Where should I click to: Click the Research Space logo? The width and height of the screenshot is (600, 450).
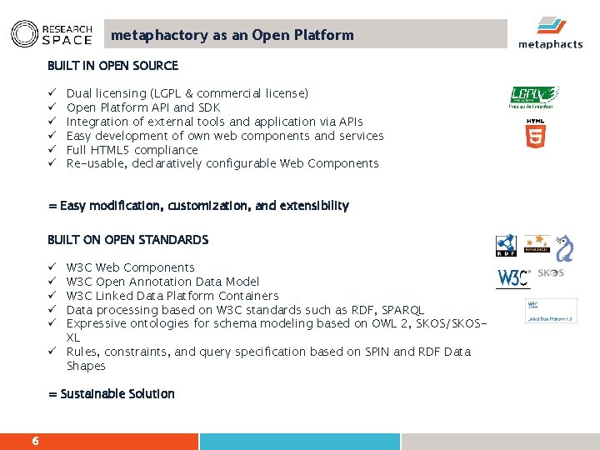coord(51,33)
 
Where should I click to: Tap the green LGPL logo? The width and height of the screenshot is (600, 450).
coord(533,97)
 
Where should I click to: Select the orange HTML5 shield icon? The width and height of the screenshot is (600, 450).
coord(536,134)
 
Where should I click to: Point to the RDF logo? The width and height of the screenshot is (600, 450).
coord(506,245)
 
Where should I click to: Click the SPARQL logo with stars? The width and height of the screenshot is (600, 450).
coord(536,244)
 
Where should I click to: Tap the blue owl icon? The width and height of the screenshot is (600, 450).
coord(564,247)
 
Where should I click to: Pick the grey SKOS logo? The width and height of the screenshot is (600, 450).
coord(551,273)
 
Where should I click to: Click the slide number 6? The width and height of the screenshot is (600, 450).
coord(35,441)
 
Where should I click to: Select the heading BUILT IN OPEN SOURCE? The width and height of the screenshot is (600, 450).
coord(112,66)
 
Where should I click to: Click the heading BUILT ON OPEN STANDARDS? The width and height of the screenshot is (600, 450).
coord(127,240)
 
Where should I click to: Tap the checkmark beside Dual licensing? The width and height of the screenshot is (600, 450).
coord(52,93)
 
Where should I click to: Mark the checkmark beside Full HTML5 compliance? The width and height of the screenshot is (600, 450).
coord(52,150)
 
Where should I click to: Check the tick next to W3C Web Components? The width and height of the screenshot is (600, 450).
coord(52,267)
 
